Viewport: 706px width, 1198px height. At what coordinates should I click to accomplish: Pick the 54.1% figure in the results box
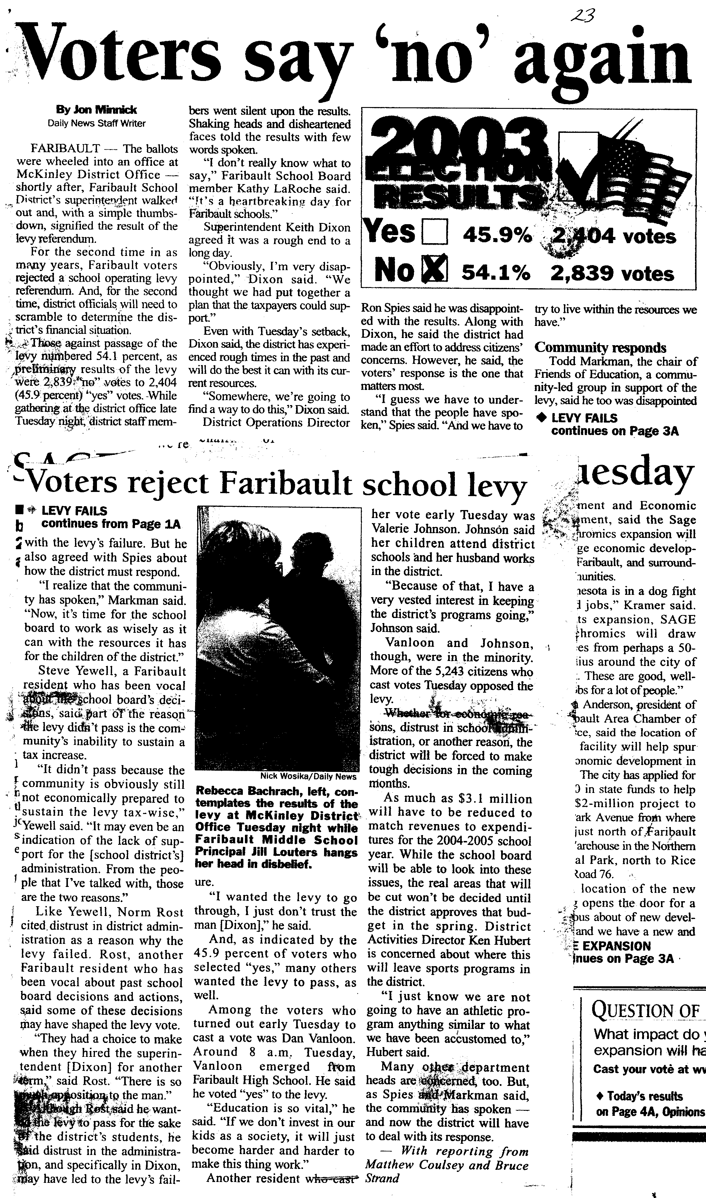(496, 273)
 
